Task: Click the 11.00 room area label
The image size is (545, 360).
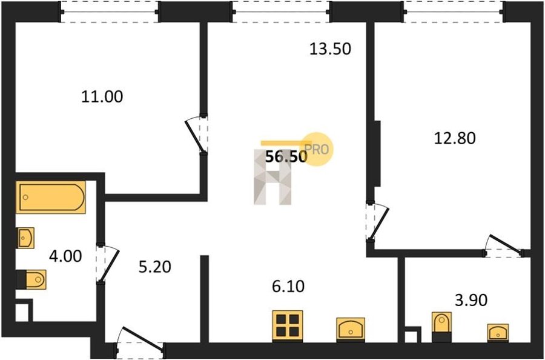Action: coord(102,96)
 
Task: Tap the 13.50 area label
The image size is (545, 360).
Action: coord(330,48)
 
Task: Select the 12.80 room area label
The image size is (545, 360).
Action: coord(455,138)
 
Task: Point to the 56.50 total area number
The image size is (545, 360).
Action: coord(286,157)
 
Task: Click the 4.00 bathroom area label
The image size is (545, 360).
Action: coord(65,256)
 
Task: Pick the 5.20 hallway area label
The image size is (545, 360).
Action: coord(154,267)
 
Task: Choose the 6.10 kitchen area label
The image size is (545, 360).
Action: coord(288,287)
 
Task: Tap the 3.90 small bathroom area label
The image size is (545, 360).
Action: coord(471,300)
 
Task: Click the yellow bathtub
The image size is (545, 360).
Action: coord(51,197)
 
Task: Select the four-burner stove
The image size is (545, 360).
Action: coord(288,325)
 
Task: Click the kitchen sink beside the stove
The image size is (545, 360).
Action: coord(351,329)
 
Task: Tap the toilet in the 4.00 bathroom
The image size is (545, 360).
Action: coord(31,279)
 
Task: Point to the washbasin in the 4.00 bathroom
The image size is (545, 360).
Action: coord(25,238)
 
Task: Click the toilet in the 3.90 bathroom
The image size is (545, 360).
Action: coord(441,327)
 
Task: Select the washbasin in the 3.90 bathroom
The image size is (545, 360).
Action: coord(498,333)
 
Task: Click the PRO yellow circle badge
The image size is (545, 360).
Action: coord(317,150)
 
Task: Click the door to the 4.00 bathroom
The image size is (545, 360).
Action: coord(108,264)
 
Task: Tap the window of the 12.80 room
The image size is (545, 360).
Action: coord(454,12)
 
